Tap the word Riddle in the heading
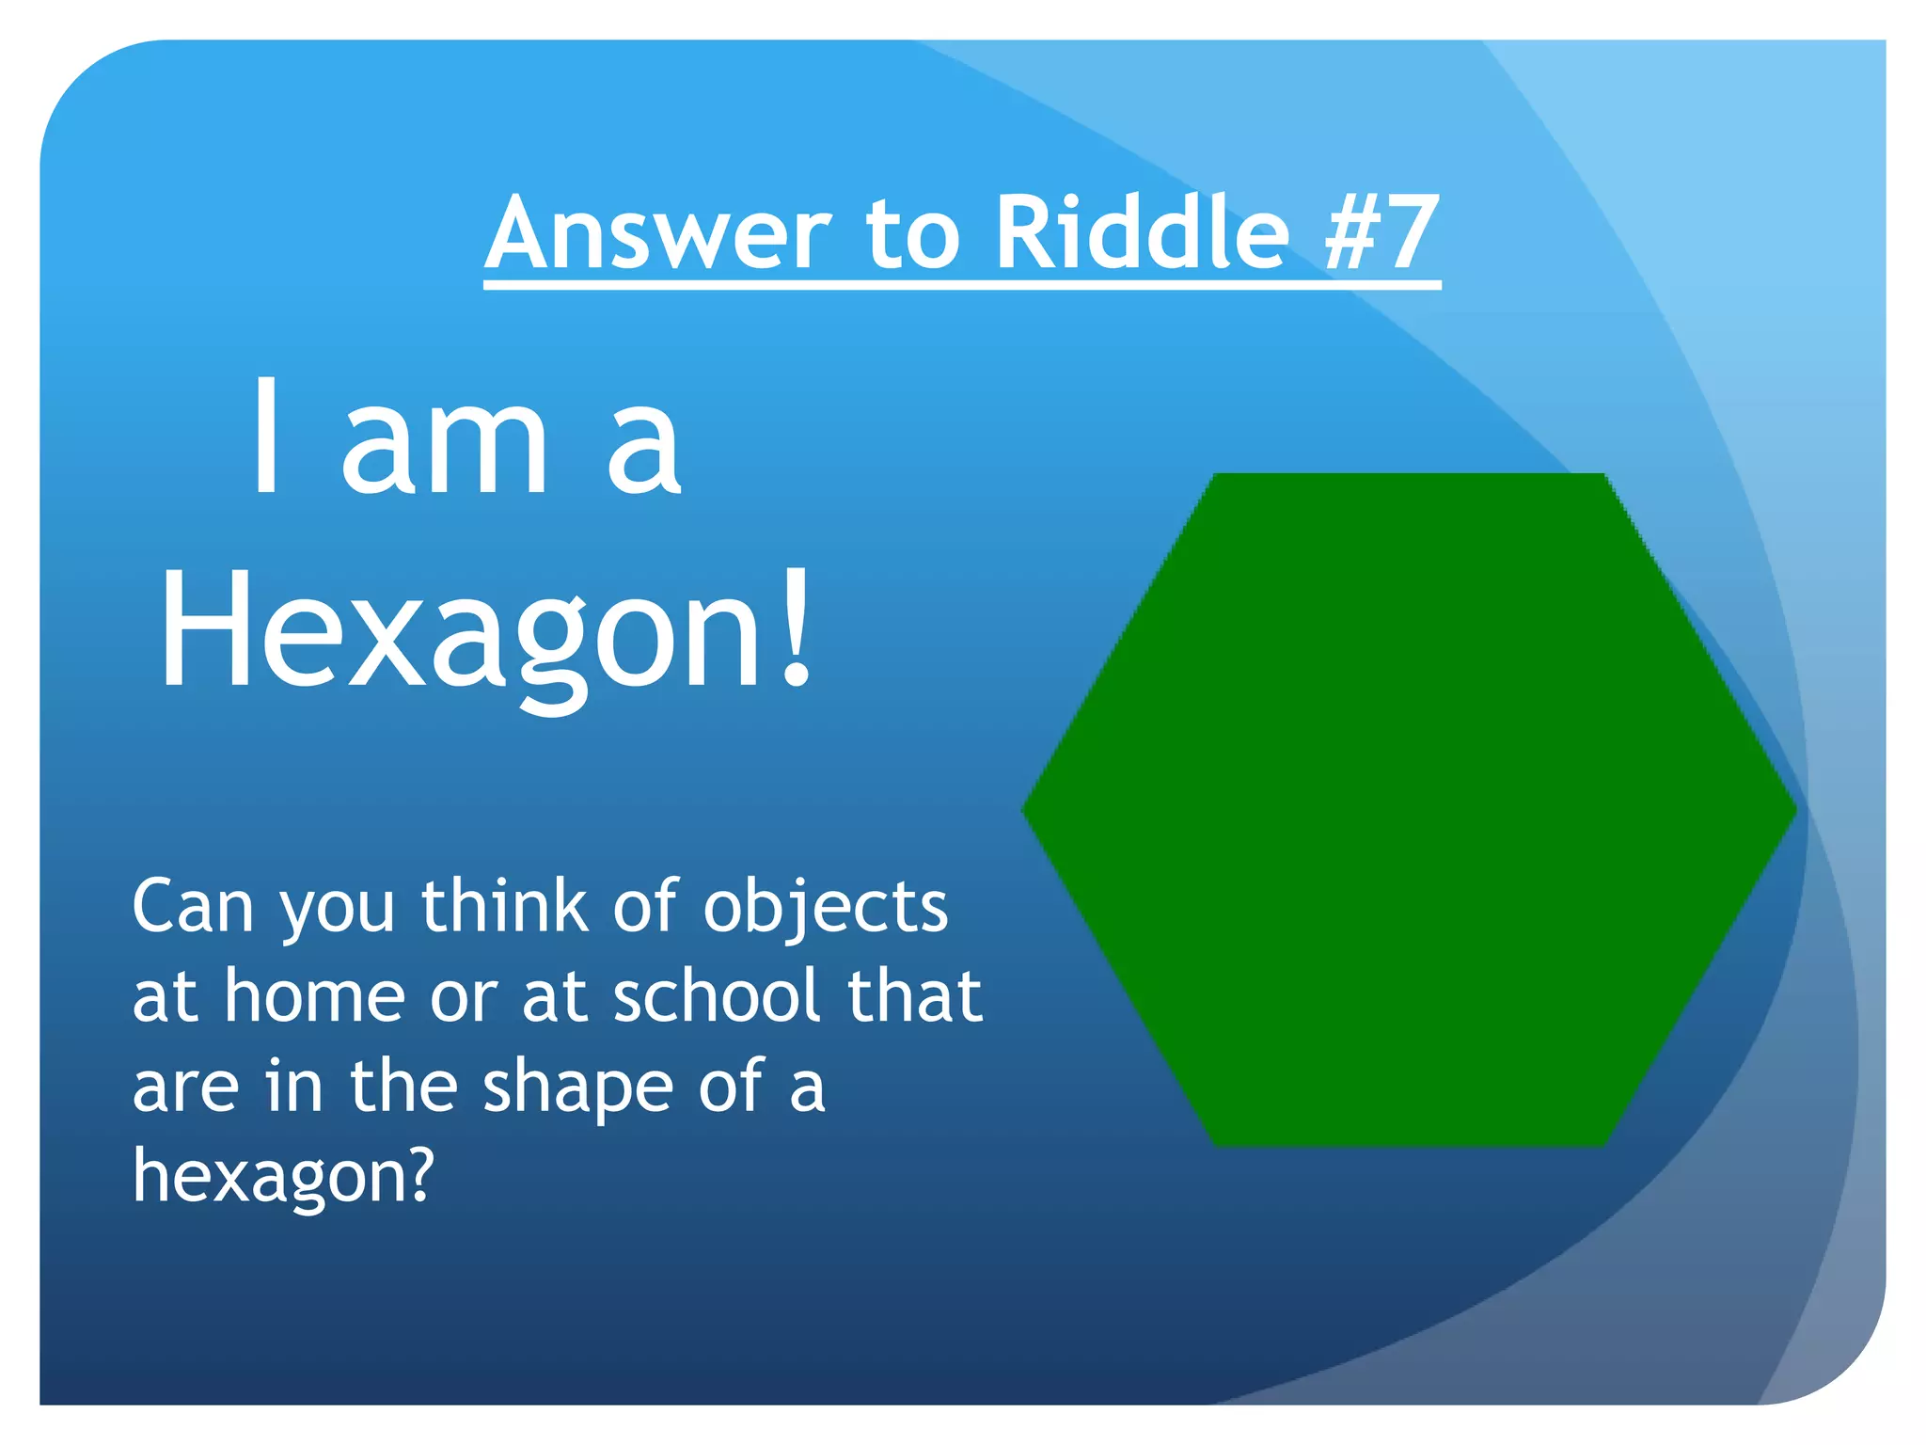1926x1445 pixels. (x=1142, y=233)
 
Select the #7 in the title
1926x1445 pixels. (x=1381, y=233)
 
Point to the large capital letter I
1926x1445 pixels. (x=267, y=436)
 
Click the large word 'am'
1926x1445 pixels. (x=445, y=447)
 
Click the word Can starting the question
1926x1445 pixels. (x=193, y=907)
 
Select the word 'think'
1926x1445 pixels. (x=505, y=907)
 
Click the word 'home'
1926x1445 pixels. (x=315, y=996)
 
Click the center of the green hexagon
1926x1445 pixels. (x=1410, y=810)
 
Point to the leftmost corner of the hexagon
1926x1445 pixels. (x=1025, y=810)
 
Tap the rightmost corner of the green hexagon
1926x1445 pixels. (x=1794, y=810)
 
